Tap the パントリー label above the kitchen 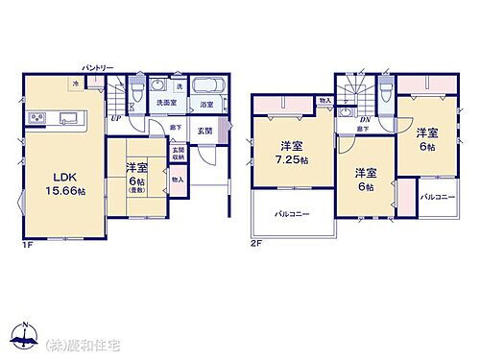[x=99, y=67]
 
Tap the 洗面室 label [x=165, y=104]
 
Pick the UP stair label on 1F [x=115, y=119]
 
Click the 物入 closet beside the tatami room [x=179, y=180]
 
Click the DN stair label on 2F [x=363, y=119]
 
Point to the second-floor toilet [x=385, y=87]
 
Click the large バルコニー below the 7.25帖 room [x=292, y=213]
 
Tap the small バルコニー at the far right [x=438, y=196]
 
